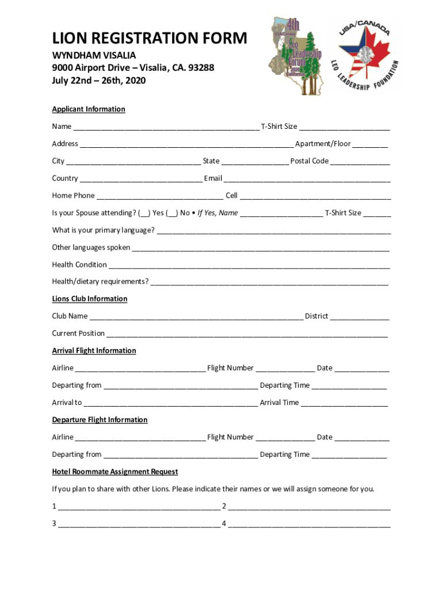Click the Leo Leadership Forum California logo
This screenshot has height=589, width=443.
click(x=296, y=56)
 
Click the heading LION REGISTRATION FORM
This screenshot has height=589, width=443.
click(x=150, y=39)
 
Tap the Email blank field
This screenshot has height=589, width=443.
click(x=307, y=179)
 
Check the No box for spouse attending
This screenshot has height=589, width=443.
click(x=172, y=213)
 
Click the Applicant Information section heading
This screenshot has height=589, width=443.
click(x=89, y=109)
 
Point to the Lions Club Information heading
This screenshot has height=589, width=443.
click(x=90, y=299)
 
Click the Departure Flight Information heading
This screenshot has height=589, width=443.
click(x=100, y=420)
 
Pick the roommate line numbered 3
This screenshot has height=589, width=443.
click(x=138, y=524)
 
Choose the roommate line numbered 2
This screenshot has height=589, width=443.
click(x=310, y=507)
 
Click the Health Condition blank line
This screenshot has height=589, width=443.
click(x=249, y=265)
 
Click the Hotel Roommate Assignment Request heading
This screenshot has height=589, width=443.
click(x=115, y=472)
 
